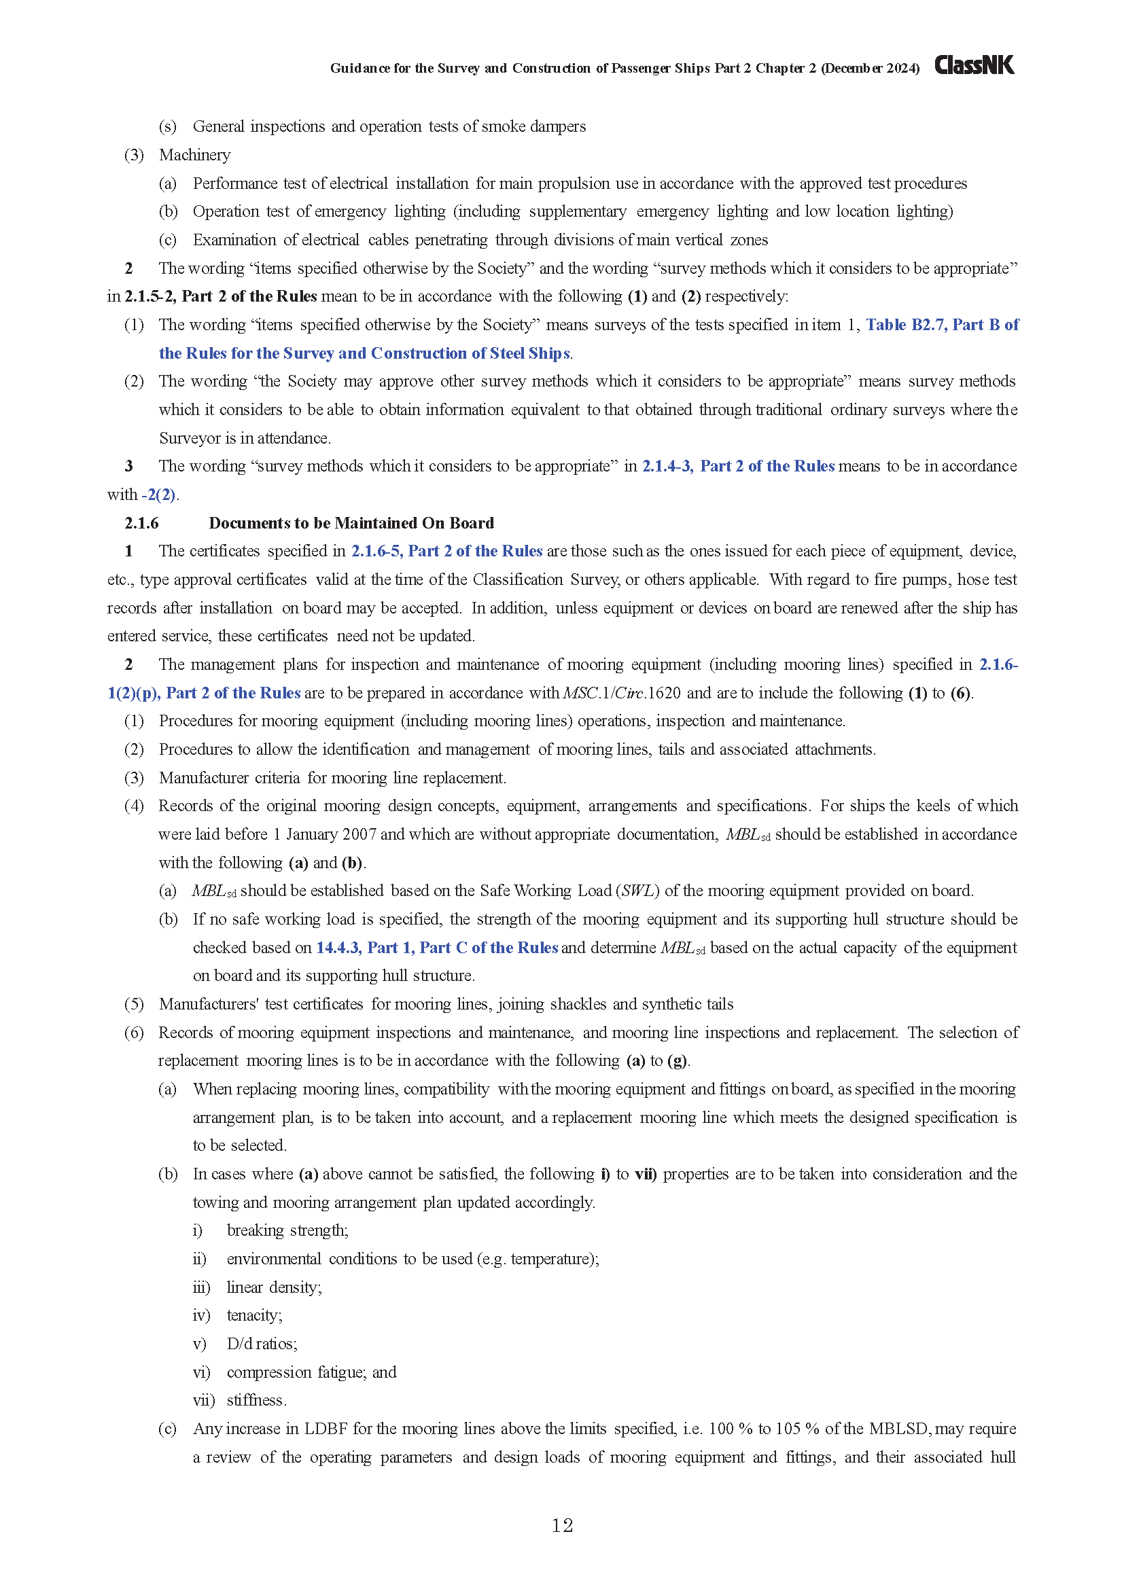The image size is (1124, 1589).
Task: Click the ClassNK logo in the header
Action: [974, 65]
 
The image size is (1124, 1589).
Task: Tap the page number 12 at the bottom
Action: [562, 1525]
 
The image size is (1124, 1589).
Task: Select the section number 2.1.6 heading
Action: [141, 523]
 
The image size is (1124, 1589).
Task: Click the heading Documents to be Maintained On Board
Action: [351, 523]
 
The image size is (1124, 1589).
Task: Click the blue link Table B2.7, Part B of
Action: [942, 325]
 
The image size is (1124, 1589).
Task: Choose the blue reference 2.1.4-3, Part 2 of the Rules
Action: [738, 467]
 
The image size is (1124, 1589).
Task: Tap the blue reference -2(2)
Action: [159, 495]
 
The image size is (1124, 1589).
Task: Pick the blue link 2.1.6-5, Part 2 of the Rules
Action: [446, 551]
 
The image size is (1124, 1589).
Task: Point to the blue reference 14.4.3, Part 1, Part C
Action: [437, 948]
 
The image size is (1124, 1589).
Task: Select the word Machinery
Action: [194, 155]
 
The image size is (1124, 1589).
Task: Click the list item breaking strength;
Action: [287, 1230]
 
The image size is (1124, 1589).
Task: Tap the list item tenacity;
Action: [254, 1316]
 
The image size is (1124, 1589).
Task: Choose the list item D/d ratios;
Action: [262, 1344]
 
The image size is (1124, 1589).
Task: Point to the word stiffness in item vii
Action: [256, 1401]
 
